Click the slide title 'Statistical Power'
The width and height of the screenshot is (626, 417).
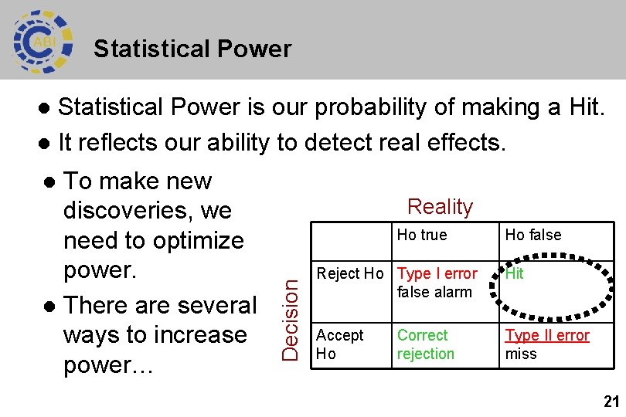point(192,49)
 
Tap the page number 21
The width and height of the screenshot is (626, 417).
point(611,402)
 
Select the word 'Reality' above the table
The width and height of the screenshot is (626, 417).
point(440,207)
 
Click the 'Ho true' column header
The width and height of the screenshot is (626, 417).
point(421,235)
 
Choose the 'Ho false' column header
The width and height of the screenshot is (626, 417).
point(532,235)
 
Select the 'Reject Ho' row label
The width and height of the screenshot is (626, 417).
point(350,274)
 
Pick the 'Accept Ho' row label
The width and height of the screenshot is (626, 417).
point(339,344)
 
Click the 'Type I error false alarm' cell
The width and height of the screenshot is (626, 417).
point(437,283)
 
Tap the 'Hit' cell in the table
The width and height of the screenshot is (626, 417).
point(514,274)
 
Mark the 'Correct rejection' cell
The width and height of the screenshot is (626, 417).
point(425,344)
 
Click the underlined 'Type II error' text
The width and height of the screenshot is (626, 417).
point(547,336)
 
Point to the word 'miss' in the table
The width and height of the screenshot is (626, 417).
point(520,354)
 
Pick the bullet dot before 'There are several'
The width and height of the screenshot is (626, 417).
point(49,307)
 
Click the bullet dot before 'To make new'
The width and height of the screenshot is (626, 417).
point(49,182)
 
